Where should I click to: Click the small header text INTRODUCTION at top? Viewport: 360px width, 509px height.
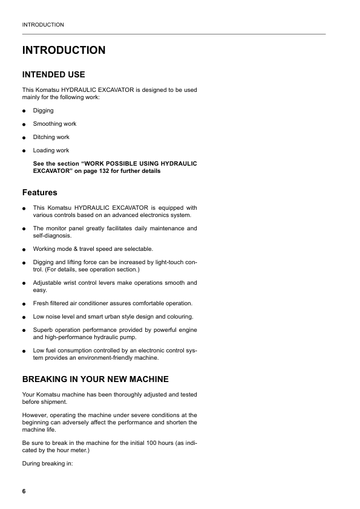click(43, 25)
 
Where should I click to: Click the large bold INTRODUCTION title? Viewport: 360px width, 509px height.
click(64, 50)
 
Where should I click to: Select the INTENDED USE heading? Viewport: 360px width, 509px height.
click(53, 74)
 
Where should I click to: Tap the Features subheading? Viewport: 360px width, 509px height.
click(39, 192)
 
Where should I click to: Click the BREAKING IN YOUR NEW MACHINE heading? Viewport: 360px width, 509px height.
click(95, 379)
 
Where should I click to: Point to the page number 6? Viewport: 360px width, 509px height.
click(24, 491)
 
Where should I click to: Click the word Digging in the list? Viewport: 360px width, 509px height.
click(43, 111)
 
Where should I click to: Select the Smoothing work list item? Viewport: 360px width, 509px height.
click(54, 124)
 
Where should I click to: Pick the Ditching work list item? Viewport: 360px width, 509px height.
click(51, 137)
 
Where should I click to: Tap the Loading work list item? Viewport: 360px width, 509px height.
click(51, 151)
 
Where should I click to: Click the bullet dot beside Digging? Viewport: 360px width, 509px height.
click(24, 111)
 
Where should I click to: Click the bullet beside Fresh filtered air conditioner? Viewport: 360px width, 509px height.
click(24, 303)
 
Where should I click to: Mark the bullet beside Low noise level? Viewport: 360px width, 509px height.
click(24, 317)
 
